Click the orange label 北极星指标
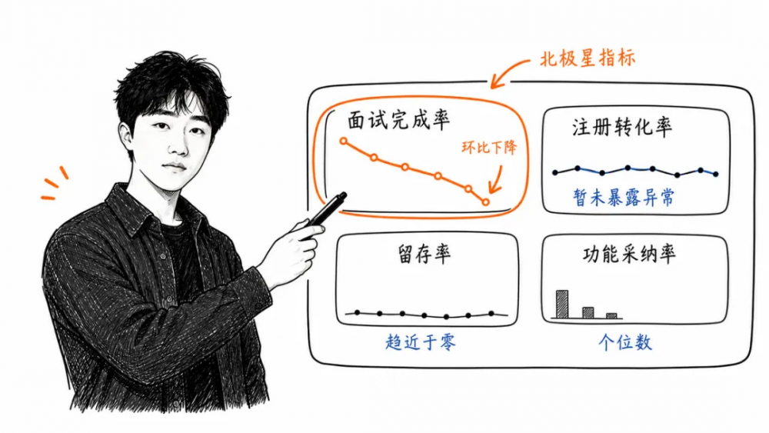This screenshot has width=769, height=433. tap(587, 59)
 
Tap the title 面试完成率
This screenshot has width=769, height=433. tap(398, 121)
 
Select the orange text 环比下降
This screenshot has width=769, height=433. tap(489, 147)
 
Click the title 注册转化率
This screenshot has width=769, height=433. tap(622, 127)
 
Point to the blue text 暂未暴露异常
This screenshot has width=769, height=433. tap(624, 198)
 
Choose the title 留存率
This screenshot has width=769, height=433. tap(424, 254)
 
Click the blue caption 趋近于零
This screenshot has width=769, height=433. tap(421, 341)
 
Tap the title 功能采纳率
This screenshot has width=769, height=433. tap(629, 254)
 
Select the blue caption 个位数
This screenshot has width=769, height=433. tap(625, 342)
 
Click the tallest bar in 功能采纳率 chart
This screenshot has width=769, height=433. tap(562, 304)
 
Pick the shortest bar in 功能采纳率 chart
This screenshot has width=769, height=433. tap(611, 316)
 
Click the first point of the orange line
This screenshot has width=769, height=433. tap(343, 142)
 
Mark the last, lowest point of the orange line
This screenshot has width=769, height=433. tap(485, 202)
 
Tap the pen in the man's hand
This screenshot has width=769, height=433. tap(327, 209)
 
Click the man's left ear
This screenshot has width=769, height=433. tap(126, 140)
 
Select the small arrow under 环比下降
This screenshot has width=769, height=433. tap(496, 181)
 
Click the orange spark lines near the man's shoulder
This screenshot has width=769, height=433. tap(54, 183)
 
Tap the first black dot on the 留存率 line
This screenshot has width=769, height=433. tap(357, 312)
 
